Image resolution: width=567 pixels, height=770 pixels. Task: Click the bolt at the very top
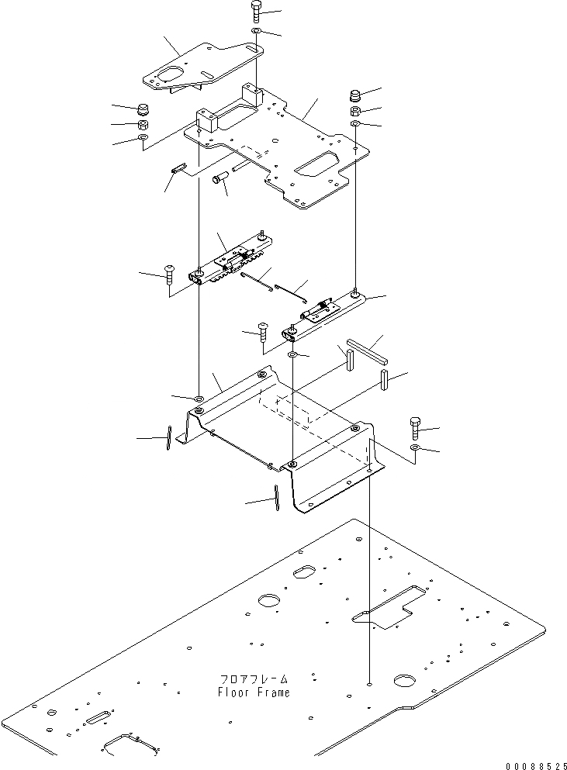tap(256, 12)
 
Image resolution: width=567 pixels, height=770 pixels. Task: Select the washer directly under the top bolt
tap(256, 32)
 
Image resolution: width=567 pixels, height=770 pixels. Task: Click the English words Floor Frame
tap(254, 692)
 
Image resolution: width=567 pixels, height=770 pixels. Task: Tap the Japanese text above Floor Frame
tap(254, 678)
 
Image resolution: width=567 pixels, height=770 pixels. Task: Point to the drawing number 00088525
tap(530, 765)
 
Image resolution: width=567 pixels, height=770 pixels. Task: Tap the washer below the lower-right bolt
tap(416, 449)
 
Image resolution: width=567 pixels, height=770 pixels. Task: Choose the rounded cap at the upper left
tap(143, 108)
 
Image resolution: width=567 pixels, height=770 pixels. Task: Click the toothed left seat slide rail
tap(233, 260)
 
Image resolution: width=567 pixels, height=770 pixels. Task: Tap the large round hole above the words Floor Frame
tap(269, 601)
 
